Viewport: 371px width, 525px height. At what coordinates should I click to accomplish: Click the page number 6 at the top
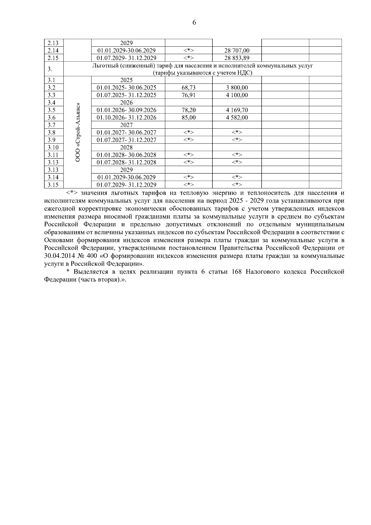click(x=194, y=23)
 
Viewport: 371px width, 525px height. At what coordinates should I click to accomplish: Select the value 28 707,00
click(x=237, y=50)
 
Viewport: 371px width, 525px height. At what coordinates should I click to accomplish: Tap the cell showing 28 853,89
click(x=237, y=58)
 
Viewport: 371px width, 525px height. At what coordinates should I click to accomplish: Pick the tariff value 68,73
click(x=189, y=88)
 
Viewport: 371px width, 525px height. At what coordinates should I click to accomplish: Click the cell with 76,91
click(x=189, y=95)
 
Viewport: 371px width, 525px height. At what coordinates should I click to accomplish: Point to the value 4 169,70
click(x=237, y=110)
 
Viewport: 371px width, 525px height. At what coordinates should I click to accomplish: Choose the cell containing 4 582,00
click(x=237, y=117)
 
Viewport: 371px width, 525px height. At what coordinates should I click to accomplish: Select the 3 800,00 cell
click(x=237, y=88)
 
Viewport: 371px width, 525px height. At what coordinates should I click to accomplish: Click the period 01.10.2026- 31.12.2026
click(x=126, y=117)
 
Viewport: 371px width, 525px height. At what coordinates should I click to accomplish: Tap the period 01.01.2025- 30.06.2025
click(x=126, y=88)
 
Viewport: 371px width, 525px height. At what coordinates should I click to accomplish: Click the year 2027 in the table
click(x=126, y=125)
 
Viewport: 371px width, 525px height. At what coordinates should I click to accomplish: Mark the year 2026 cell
click(x=126, y=103)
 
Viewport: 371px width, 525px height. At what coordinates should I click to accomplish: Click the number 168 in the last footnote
click(x=236, y=272)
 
